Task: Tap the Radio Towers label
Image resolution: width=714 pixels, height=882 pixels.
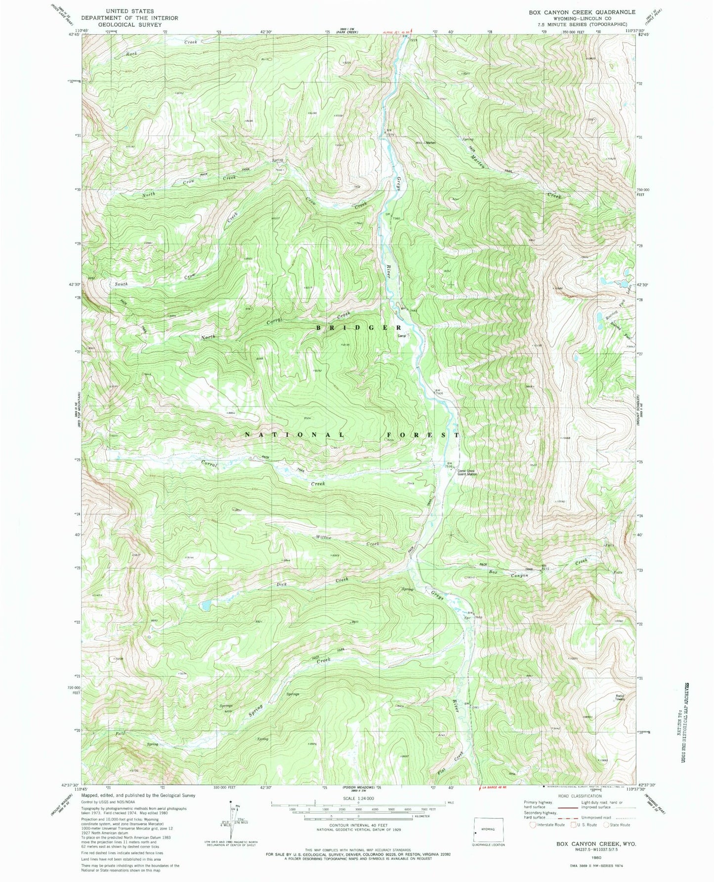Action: (620, 697)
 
